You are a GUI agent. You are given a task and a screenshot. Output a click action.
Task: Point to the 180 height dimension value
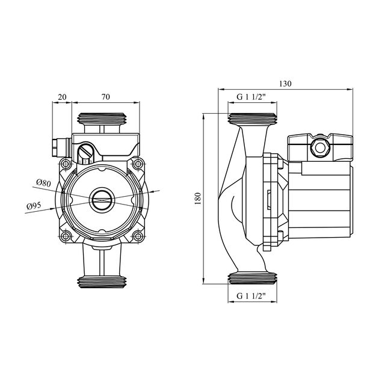point(198,197)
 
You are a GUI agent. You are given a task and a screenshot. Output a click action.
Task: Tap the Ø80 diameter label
point(43,182)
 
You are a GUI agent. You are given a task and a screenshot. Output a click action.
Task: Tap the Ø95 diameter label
point(34,206)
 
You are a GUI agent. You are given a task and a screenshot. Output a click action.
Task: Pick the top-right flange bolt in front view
point(138,164)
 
